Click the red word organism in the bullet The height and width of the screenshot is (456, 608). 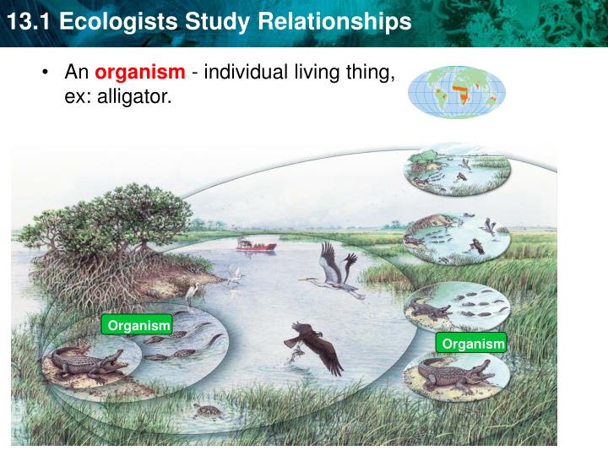pyautogui.click(x=139, y=73)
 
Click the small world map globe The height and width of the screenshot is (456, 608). pyautogui.click(x=457, y=91)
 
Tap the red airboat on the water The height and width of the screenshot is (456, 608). pyautogui.click(x=256, y=245)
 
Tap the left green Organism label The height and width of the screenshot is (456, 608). pyautogui.click(x=136, y=325)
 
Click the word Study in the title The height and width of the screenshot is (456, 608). pyautogui.click(x=228, y=22)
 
